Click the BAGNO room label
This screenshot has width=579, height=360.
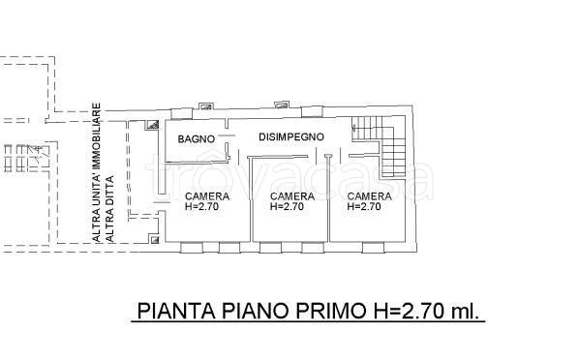(196, 139)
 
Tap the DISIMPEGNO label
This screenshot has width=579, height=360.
(290, 137)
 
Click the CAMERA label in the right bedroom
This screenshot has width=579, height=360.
(370, 196)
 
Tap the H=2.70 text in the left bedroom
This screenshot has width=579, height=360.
(203, 206)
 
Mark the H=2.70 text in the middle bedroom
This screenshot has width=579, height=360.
(287, 206)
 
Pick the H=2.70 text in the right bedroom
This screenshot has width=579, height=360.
(368, 206)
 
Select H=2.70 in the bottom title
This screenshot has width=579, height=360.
(410, 312)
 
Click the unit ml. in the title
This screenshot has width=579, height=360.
(468, 312)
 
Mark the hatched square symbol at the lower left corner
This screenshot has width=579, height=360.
(153, 237)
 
